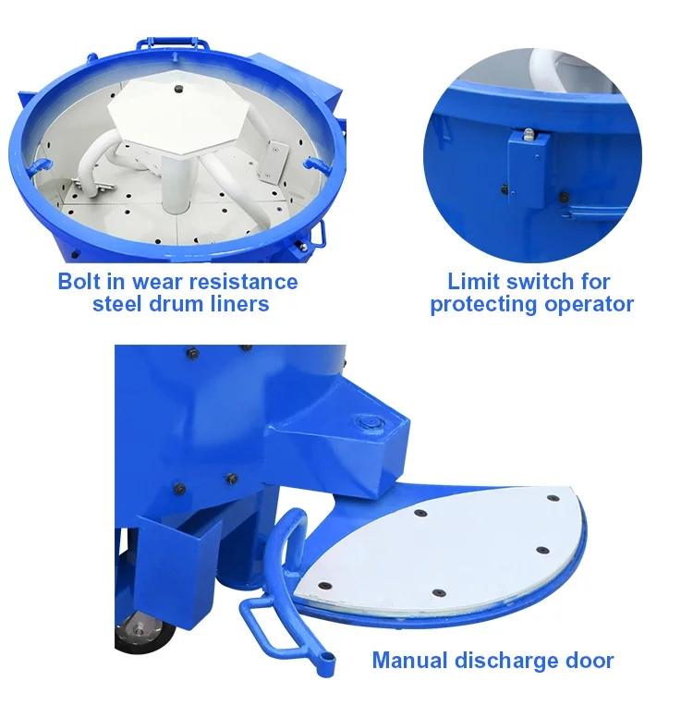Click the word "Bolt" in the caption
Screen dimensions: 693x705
(x=79, y=282)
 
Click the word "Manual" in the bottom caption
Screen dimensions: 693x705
(x=410, y=661)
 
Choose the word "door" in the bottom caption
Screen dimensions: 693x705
(x=590, y=661)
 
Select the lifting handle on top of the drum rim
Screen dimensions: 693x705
(x=172, y=43)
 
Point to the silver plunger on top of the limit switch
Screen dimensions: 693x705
(x=529, y=134)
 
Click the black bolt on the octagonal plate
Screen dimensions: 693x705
(x=178, y=89)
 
